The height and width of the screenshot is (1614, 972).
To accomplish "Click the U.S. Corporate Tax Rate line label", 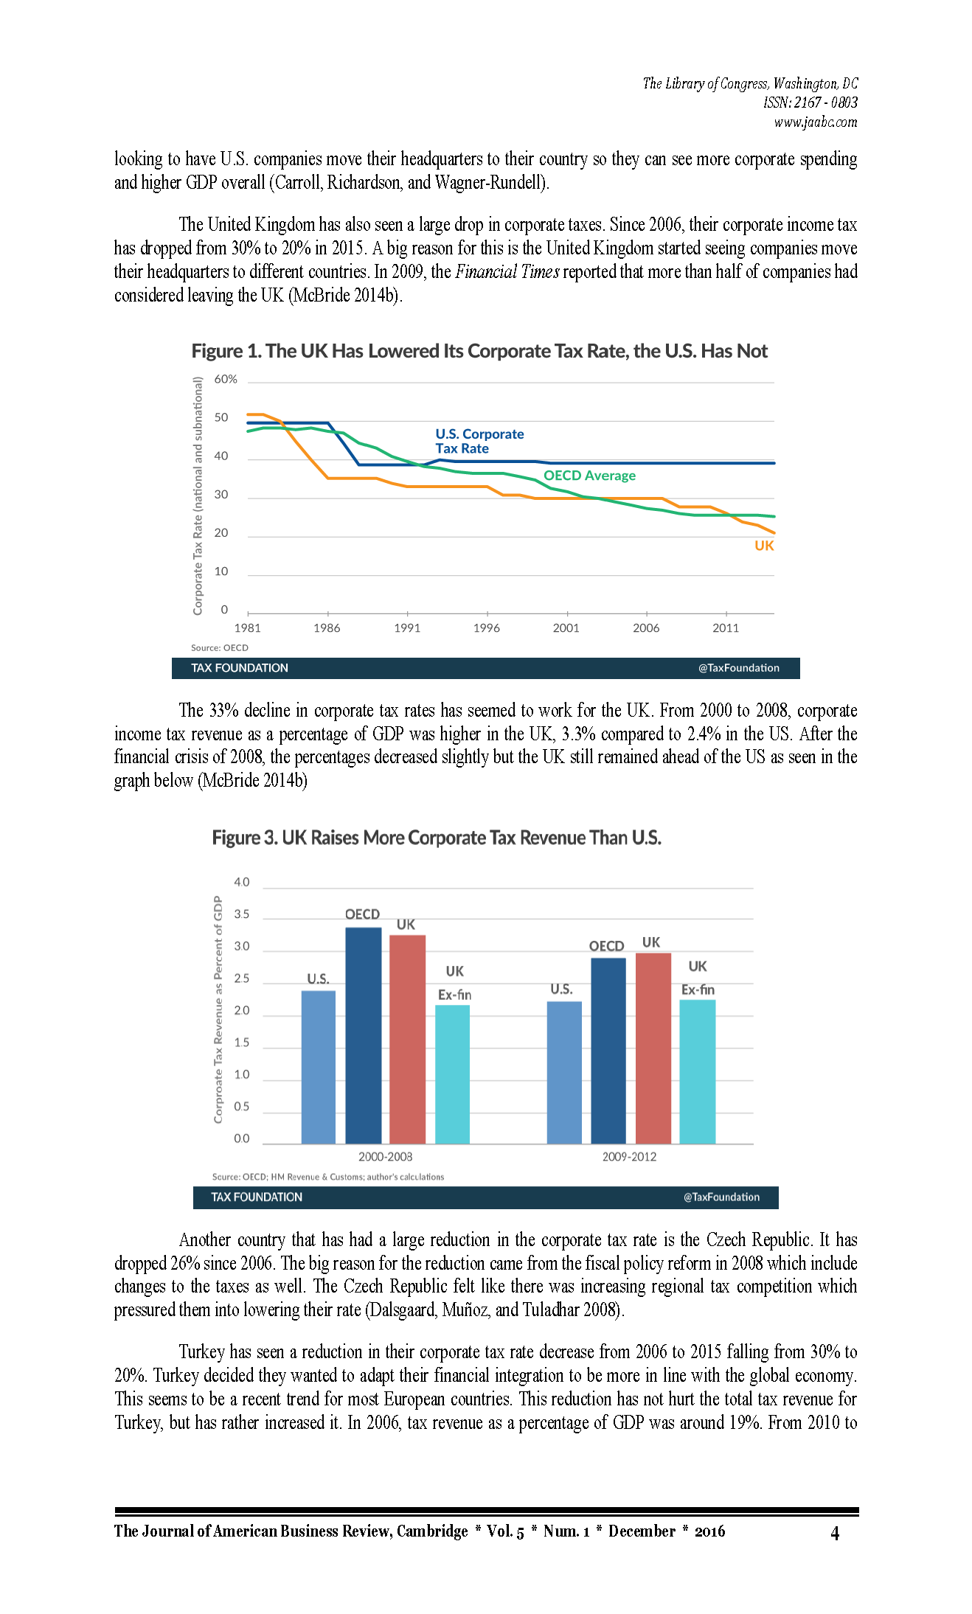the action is (x=479, y=441).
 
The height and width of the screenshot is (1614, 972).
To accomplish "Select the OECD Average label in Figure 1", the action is (x=589, y=476).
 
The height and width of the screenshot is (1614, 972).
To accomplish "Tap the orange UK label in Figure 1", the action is (x=764, y=546).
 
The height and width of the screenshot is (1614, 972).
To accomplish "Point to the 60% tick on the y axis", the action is (x=226, y=379).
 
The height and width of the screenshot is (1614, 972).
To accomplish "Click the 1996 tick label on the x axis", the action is (x=487, y=627).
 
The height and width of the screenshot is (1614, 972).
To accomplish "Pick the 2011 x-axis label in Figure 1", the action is (x=726, y=627).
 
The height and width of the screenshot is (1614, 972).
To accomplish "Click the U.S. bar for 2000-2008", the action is (x=319, y=1067).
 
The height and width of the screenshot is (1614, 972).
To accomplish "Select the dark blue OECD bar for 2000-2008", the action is (x=364, y=1036).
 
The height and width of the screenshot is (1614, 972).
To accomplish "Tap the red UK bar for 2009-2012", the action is (x=653, y=1048).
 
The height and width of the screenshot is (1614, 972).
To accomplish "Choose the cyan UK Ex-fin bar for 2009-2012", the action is (x=698, y=1072).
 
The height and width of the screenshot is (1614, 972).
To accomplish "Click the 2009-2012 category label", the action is (x=629, y=1157).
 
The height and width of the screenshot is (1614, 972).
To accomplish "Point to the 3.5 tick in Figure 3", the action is (x=242, y=914).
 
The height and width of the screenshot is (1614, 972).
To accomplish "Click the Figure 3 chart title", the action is (x=437, y=838).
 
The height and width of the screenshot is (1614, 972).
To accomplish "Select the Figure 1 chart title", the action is (x=479, y=351).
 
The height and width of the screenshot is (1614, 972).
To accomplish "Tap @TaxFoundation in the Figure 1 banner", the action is (x=739, y=668).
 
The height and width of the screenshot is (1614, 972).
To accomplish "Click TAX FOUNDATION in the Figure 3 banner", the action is (x=257, y=1197).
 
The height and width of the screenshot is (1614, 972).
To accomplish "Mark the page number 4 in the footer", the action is (x=835, y=1534).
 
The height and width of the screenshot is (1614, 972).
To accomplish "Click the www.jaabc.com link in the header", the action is (x=816, y=122).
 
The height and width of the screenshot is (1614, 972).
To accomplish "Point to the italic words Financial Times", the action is (x=507, y=271).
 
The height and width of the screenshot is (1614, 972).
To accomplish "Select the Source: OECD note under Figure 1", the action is (x=220, y=647).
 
